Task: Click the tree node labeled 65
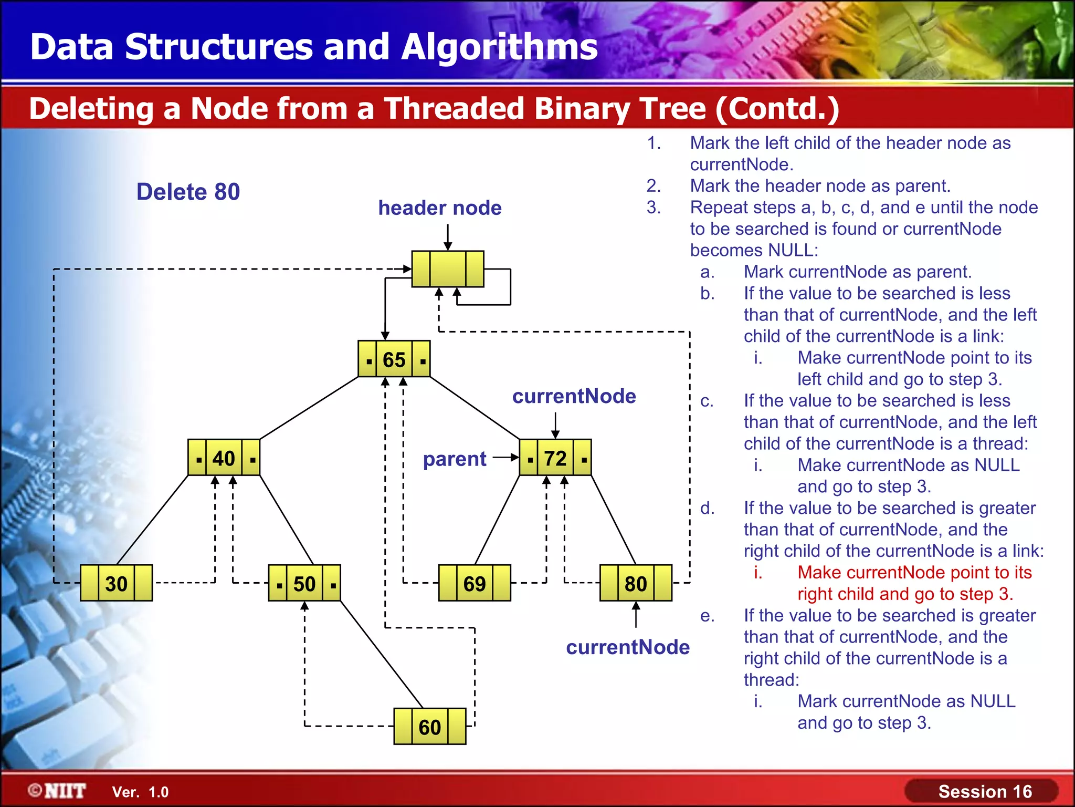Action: click(x=394, y=359)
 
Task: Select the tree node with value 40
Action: click(x=224, y=458)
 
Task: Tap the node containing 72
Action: click(x=555, y=458)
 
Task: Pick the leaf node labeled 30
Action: click(x=116, y=583)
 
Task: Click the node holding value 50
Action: click(x=304, y=583)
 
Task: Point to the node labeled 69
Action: click(x=475, y=583)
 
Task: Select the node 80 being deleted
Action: click(x=636, y=583)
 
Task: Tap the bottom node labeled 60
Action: click(x=429, y=727)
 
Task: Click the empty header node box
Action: click(x=448, y=269)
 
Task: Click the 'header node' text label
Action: click(x=440, y=208)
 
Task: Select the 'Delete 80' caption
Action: click(x=188, y=192)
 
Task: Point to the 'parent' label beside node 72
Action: click(x=455, y=459)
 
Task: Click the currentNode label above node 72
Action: click(x=574, y=396)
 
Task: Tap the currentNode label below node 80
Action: click(x=627, y=647)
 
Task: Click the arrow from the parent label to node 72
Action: click(x=505, y=458)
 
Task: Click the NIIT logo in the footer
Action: click(x=58, y=791)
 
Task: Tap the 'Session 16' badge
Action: click(x=984, y=791)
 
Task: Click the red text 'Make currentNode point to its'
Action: click(x=914, y=572)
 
